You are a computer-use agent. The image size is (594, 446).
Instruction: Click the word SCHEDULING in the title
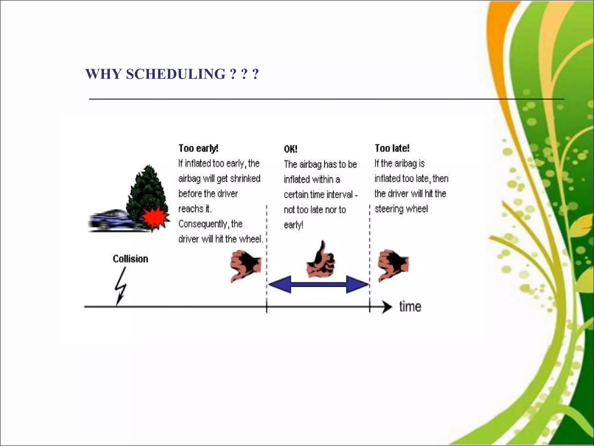click(x=175, y=74)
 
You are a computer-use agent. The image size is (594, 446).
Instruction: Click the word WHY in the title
click(x=103, y=74)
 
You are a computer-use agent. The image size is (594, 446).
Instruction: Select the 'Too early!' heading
click(x=198, y=148)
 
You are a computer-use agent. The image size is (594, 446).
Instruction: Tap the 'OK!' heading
click(x=290, y=149)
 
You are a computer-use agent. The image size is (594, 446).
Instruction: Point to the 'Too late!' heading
click(x=392, y=148)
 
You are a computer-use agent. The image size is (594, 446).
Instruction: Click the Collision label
click(x=130, y=259)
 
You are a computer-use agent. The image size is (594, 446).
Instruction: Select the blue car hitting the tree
click(x=109, y=221)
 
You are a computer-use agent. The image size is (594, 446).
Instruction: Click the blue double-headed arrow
click(x=318, y=284)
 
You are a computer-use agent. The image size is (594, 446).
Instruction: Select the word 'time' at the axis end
click(x=410, y=307)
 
